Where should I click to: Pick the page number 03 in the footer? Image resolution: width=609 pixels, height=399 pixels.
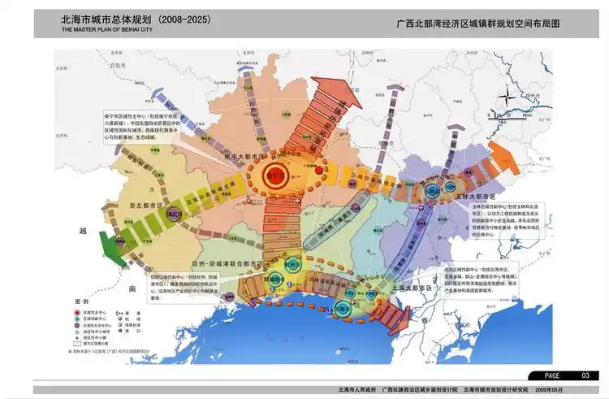coord(585,375)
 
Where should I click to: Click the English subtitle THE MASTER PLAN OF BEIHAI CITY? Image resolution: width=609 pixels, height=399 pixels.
coord(106,28)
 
